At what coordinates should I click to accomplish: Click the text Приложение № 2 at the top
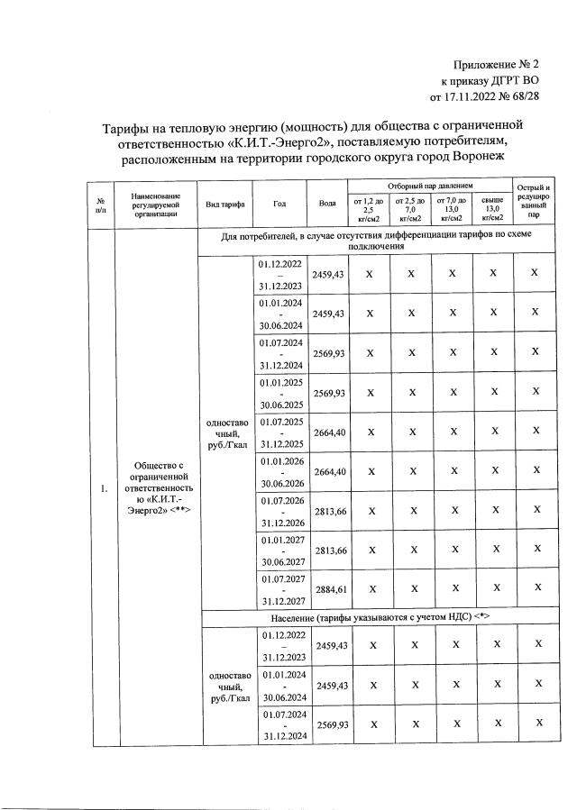(497, 64)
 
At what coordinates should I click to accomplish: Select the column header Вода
(327, 204)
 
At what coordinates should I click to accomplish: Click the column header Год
(279, 204)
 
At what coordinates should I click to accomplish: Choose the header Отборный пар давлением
(429, 185)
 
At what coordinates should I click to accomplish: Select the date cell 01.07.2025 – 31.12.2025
(279, 432)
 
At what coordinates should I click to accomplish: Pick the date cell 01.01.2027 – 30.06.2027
(279, 550)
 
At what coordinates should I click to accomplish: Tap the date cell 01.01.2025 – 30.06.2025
(279, 394)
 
